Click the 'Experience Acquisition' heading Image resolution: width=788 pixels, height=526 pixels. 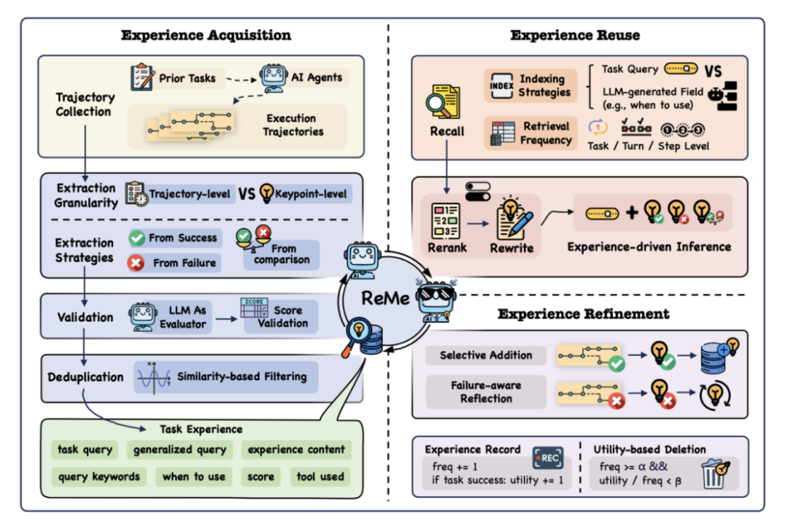click(206, 35)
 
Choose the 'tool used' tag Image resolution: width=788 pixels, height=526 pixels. click(320, 476)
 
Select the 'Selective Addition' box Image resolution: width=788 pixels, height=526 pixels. click(486, 356)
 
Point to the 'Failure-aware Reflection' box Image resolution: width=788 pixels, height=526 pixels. click(486, 391)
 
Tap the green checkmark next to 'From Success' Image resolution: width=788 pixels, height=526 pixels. click(136, 238)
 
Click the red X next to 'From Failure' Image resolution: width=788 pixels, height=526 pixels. click(136, 263)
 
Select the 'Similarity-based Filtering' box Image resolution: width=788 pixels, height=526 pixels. click(226, 377)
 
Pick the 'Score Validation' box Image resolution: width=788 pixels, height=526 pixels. click(280, 317)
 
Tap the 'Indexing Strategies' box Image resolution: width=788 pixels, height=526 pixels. click(530, 85)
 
